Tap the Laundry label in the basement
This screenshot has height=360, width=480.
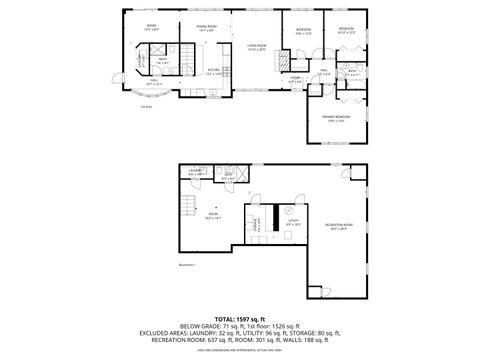(x=196, y=172)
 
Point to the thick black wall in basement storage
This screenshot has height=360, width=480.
(x=269, y=219)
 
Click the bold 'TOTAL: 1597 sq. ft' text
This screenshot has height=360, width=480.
(x=240, y=316)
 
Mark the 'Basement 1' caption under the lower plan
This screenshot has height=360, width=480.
(x=187, y=265)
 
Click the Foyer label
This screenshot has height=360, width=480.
(x=295, y=80)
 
